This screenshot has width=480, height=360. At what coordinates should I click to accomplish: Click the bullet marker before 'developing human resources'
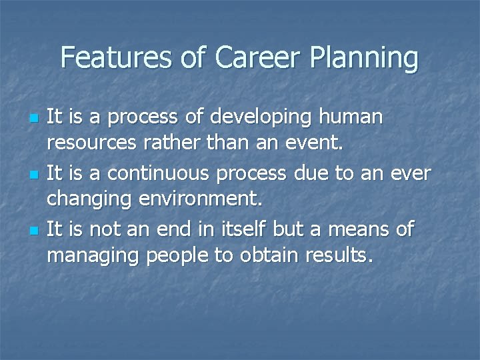[34, 118]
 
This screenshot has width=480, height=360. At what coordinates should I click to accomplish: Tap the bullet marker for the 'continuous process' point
[34, 175]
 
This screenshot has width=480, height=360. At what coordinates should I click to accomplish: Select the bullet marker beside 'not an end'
[34, 231]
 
